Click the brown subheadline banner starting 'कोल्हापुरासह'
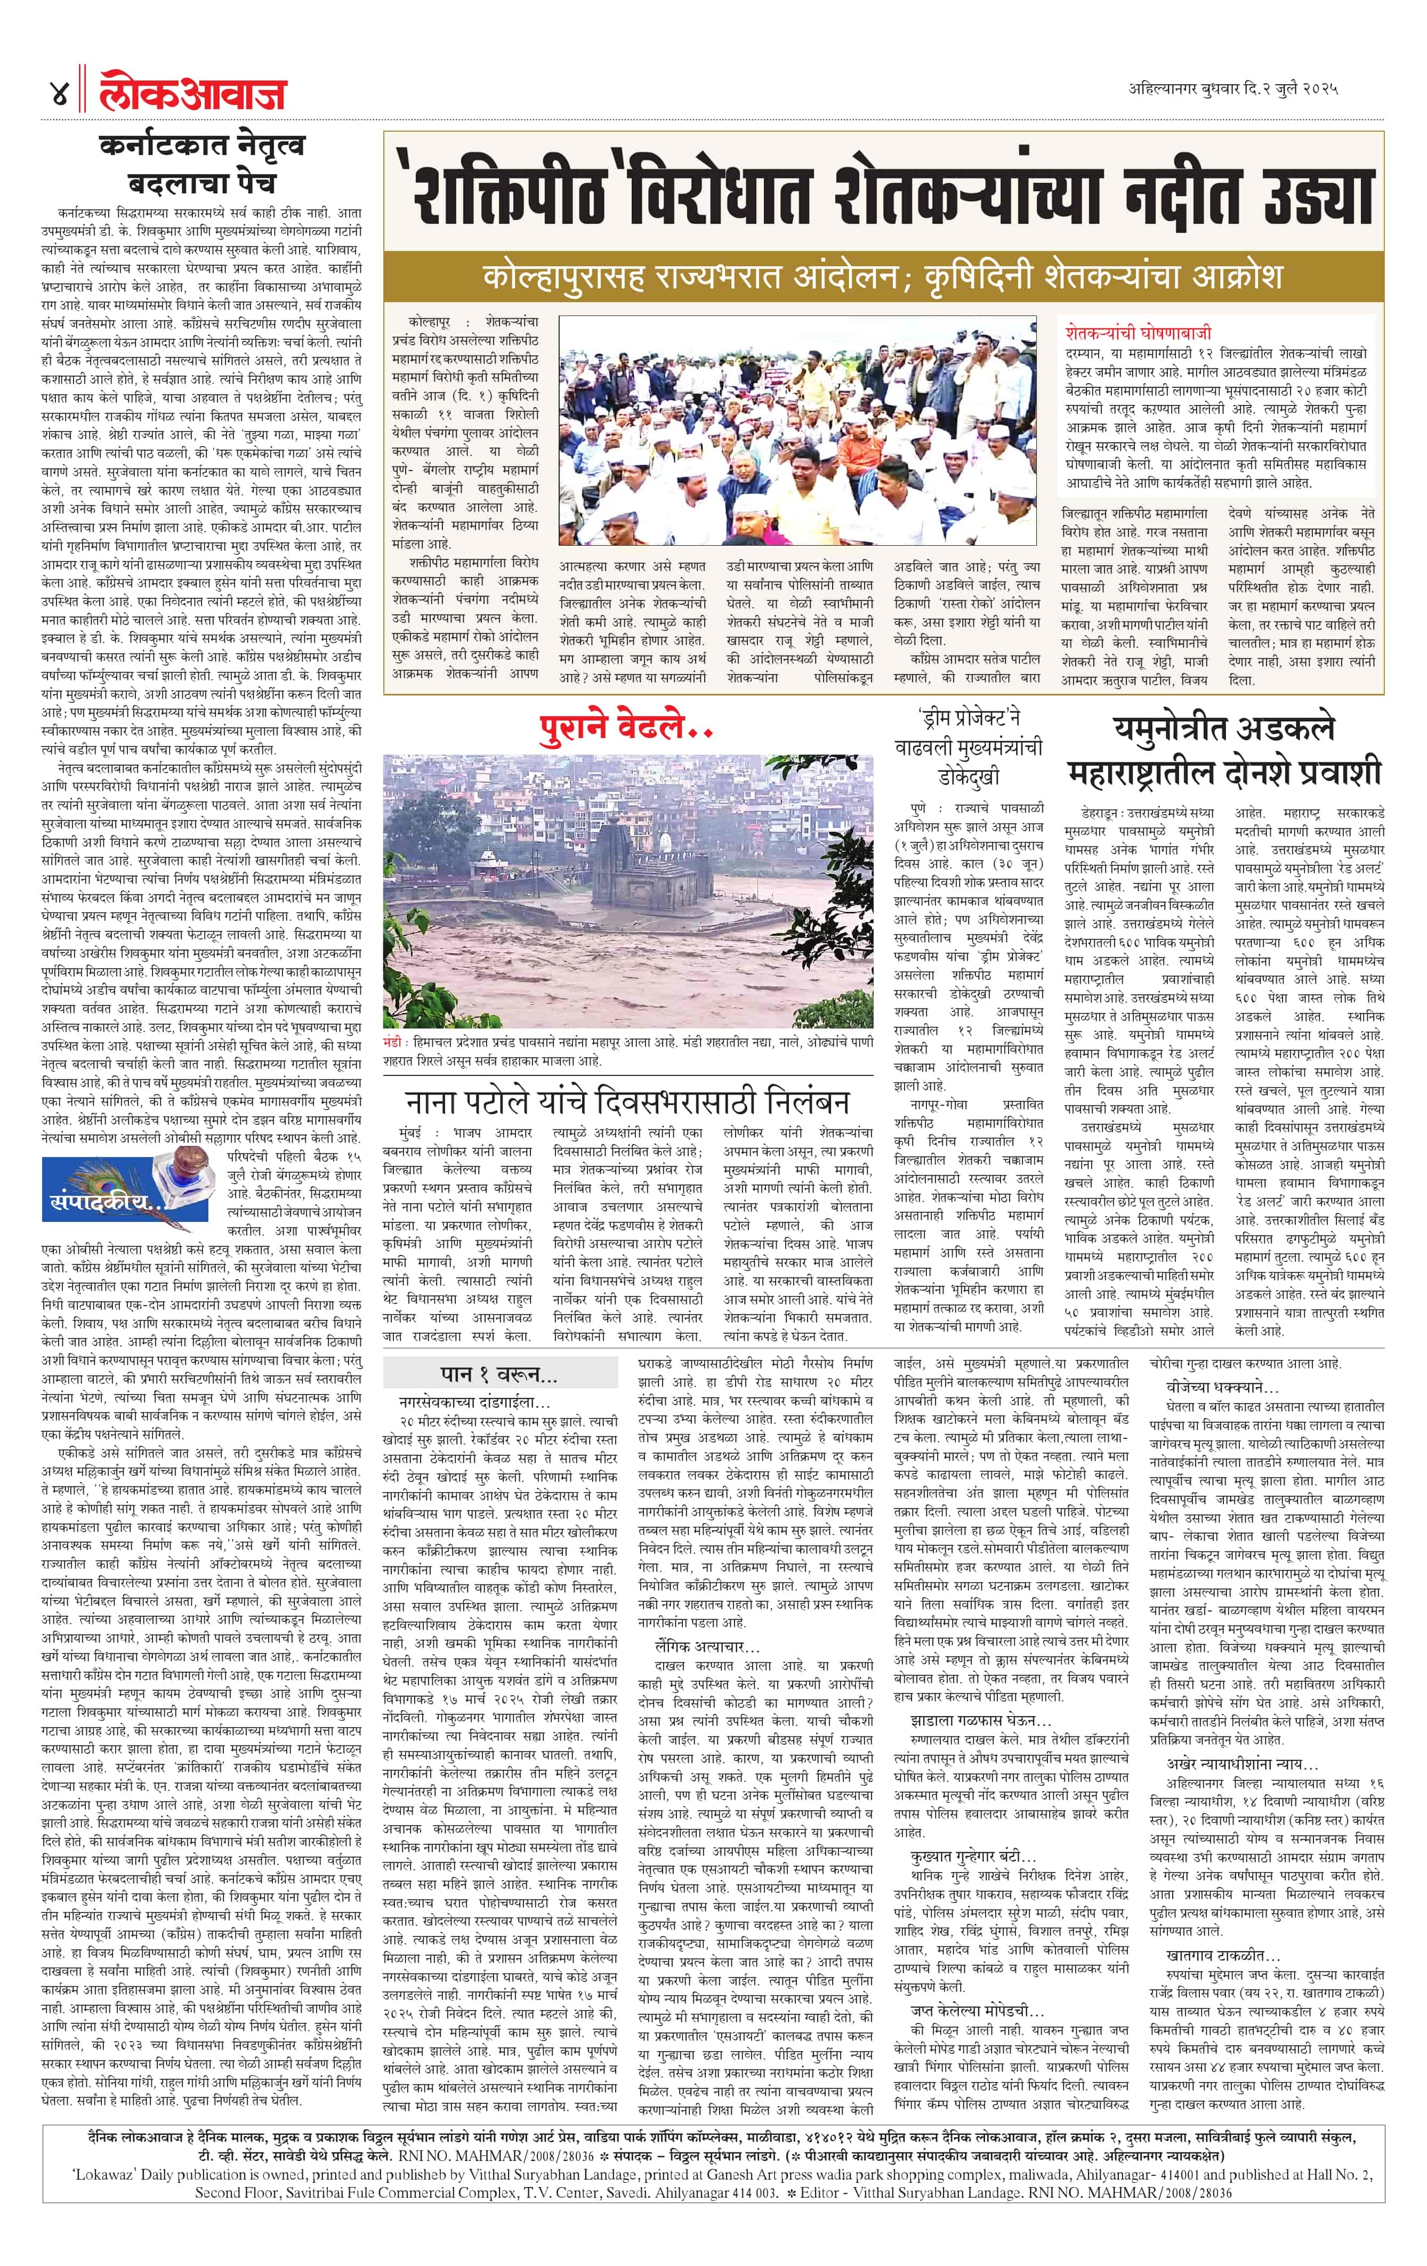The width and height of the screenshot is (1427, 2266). pyautogui.click(x=882, y=277)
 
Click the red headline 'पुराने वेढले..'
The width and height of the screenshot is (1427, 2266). pyautogui.click(x=626, y=726)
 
